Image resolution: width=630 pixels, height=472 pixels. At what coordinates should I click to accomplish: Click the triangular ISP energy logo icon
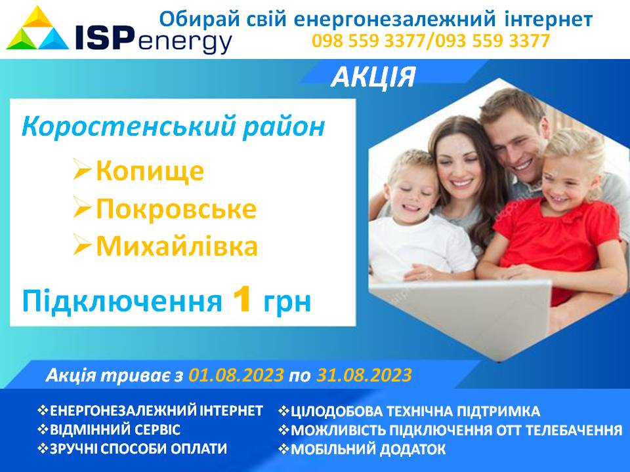coord(37,28)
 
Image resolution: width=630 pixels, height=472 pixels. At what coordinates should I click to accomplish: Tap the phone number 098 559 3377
coord(368,41)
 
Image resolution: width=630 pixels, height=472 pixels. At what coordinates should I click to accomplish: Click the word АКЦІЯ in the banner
coord(373,77)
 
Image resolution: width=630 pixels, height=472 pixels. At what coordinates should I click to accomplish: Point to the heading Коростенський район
coord(173,127)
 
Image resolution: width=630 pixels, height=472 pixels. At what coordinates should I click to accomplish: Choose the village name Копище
coord(150,171)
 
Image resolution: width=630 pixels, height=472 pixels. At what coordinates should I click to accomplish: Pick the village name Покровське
coord(176,209)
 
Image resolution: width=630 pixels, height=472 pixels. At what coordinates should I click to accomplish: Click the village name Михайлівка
coord(177,246)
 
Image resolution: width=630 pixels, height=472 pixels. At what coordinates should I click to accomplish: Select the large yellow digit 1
coord(242,300)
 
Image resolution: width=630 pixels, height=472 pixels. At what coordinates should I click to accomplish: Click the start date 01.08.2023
coord(236,375)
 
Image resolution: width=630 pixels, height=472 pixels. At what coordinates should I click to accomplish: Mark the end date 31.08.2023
coord(364,375)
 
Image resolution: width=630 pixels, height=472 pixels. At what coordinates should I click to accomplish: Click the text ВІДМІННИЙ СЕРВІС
coord(115,429)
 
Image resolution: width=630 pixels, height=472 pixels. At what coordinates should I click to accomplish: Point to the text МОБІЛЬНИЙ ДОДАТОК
coord(368,449)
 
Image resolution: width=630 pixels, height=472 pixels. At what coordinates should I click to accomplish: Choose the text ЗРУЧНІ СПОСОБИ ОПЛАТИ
coord(138,448)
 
